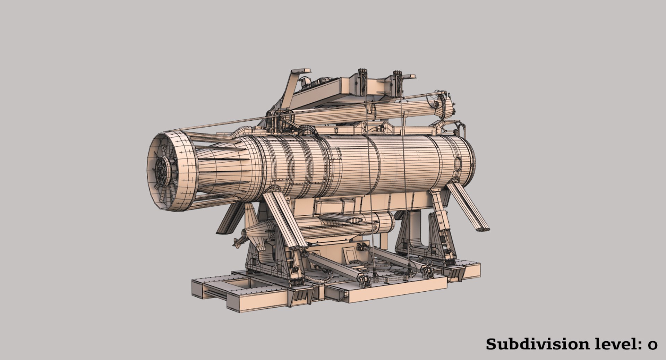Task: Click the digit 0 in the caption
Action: (x=652, y=345)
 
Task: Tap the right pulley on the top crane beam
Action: (x=398, y=83)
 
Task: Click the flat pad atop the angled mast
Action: (x=301, y=71)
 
